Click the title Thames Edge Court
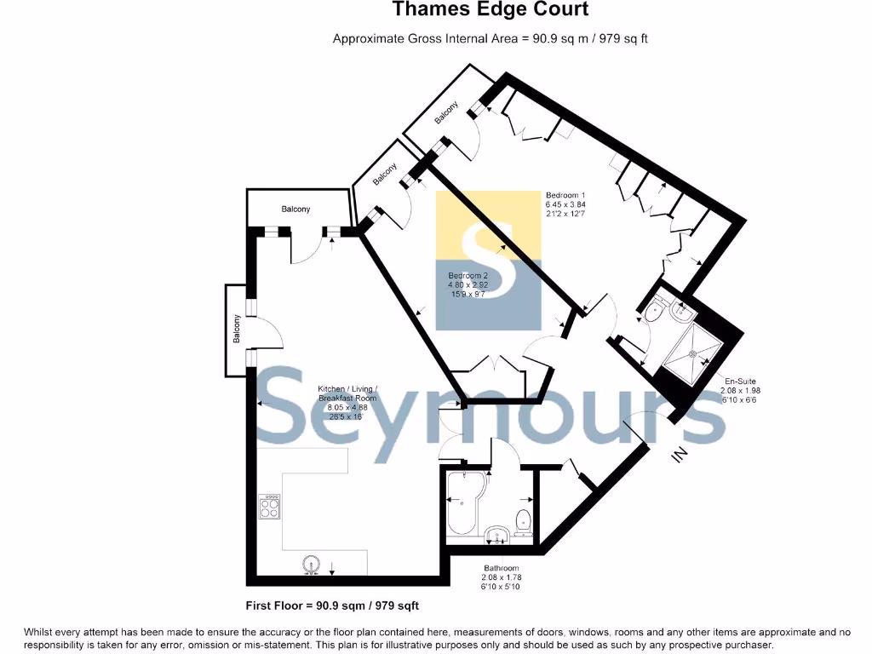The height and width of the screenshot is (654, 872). click(490, 10)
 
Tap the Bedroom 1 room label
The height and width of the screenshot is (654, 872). click(565, 204)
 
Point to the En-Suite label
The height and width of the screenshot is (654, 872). click(740, 390)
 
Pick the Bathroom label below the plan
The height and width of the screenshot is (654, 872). click(501, 577)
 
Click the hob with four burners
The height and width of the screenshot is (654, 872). click(271, 507)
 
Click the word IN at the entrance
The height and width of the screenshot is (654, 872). click(680, 456)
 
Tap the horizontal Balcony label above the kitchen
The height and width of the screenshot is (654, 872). click(296, 209)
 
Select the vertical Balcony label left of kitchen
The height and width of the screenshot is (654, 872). click(238, 330)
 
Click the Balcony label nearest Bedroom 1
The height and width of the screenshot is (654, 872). click(446, 113)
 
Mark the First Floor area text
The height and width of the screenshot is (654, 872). click(331, 605)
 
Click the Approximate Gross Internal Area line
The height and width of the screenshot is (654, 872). click(490, 38)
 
